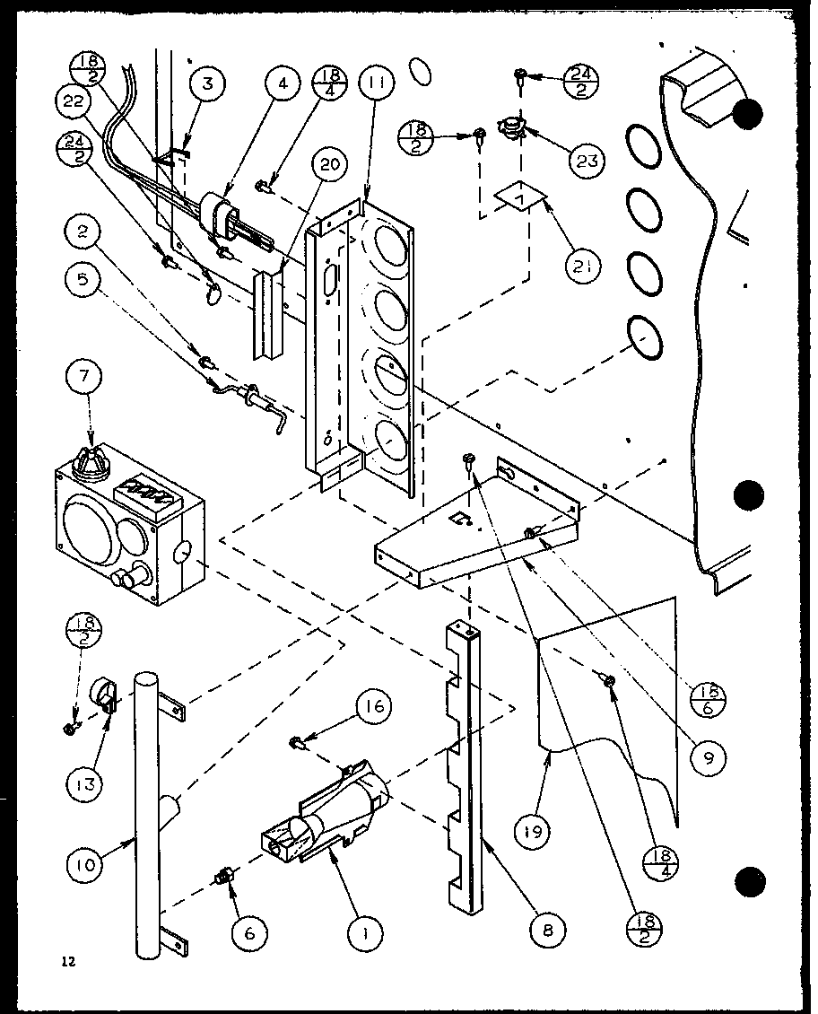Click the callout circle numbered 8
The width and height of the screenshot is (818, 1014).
(x=549, y=931)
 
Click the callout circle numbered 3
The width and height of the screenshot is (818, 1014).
(x=207, y=86)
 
